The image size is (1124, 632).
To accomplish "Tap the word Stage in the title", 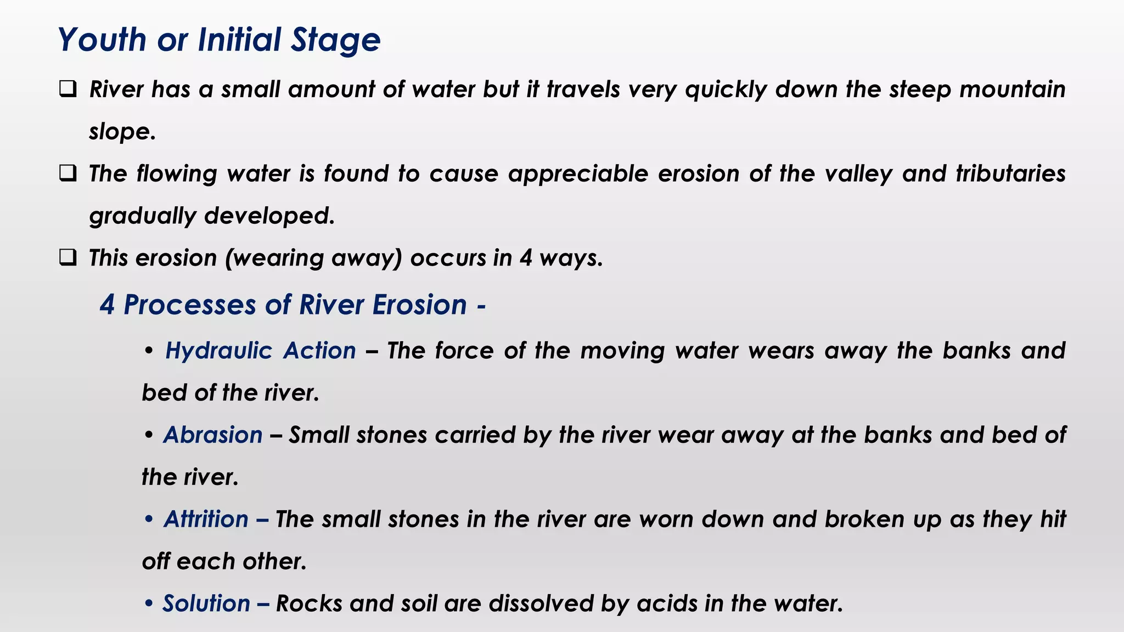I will tap(335, 40).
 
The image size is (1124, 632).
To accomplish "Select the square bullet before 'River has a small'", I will tap(68, 89).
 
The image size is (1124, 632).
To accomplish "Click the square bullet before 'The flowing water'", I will tap(68, 173).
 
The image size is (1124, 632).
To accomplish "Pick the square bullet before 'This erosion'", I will tap(68, 257).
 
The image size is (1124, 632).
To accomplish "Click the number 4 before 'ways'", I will tap(526, 258).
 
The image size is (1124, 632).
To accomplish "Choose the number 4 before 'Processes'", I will tap(107, 304).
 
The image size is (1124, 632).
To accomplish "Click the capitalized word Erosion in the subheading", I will tap(420, 304).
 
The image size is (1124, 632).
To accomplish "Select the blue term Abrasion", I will tap(213, 435).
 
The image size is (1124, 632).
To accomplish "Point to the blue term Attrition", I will tap(206, 519).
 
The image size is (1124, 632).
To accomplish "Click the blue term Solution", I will tap(206, 603).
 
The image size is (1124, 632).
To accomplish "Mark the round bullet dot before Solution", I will tap(148, 603).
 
